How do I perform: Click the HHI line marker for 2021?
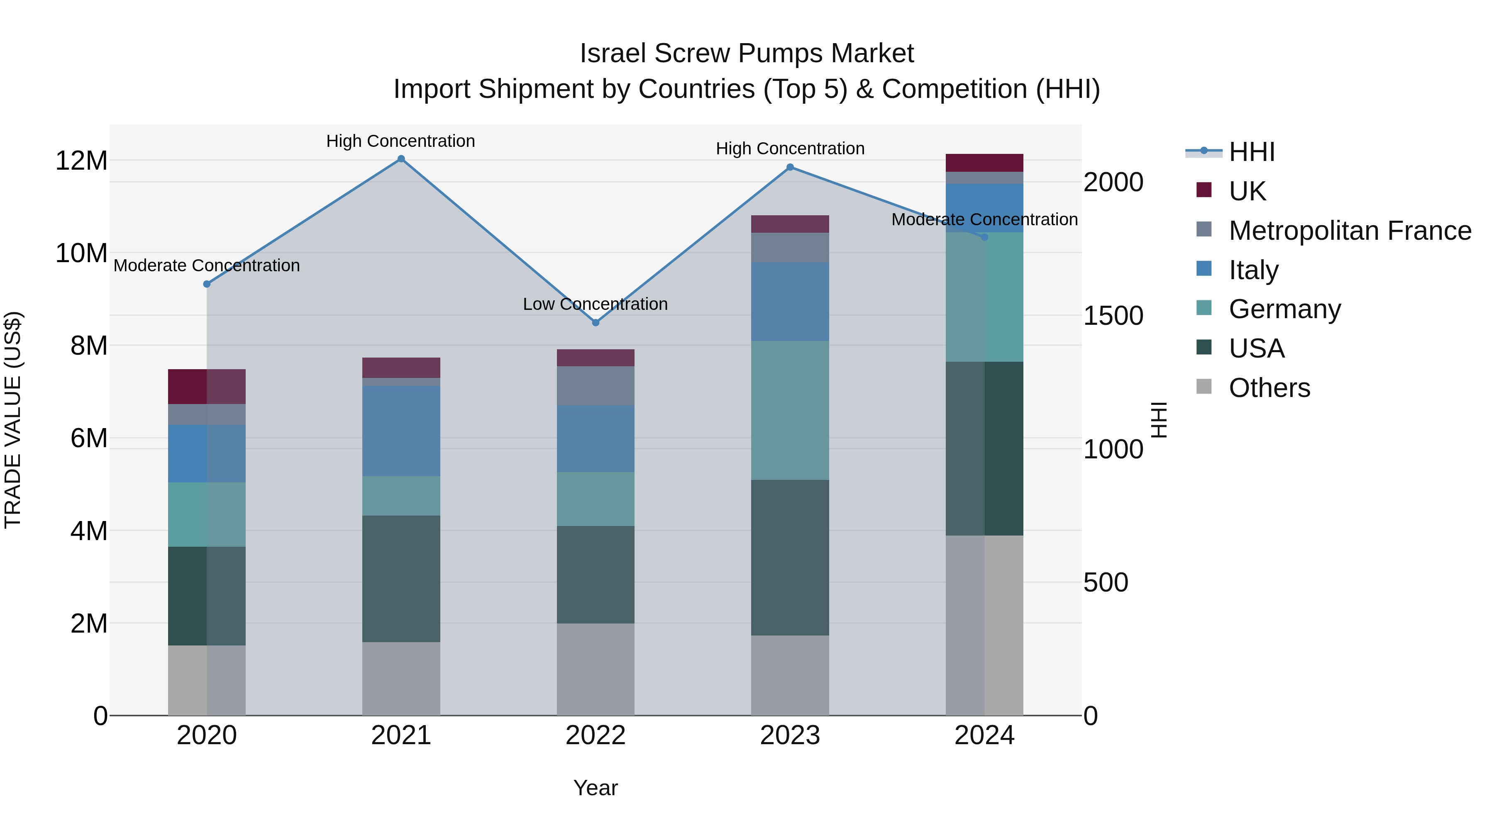[x=401, y=159]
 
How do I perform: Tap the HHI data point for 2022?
[x=596, y=322]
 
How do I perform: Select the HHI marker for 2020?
[x=207, y=284]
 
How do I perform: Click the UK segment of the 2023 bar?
[x=790, y=224]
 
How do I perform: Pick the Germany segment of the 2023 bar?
[x=790, y=410]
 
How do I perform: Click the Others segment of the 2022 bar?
[x=596, y=669]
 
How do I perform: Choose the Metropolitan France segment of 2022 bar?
[x=596, y=385]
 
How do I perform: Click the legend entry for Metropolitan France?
[x=1349, y=231]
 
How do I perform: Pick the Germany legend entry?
[x=1284, y=309]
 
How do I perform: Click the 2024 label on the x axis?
[x=984, y=735]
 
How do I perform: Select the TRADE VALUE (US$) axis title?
[x=13, y=420]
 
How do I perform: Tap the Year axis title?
[x=596, y=788]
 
